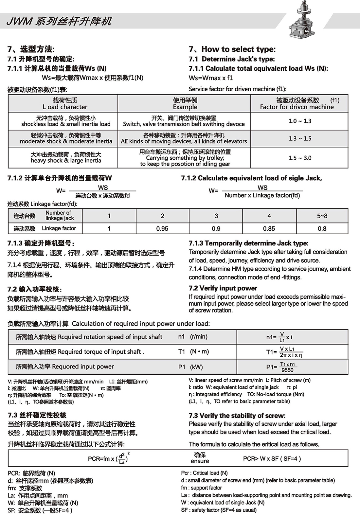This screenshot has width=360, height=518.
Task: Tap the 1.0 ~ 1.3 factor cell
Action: point(300,121)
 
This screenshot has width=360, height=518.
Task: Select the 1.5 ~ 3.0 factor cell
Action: point(300,158)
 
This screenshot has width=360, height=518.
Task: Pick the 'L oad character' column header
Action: point(65,107)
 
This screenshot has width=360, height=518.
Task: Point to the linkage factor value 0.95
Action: point(162,229)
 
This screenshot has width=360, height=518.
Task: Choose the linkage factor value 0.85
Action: point(269,229)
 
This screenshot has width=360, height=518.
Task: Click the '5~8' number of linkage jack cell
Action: point(322,216)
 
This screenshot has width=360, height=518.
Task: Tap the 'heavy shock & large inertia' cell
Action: point(66,161)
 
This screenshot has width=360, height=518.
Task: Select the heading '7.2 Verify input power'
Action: point(223,288)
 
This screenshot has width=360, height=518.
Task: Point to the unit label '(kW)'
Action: point(196,367)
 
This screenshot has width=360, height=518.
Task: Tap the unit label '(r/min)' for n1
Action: point(199,336)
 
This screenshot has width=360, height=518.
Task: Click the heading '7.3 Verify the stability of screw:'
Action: point(237,416)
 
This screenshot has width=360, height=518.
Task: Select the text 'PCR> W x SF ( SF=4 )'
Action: point(272,458)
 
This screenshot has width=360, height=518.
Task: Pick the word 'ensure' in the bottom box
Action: point(200,461)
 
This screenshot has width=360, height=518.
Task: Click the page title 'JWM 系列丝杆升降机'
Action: point(59,21)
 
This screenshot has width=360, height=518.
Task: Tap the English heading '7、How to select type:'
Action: point(232,49)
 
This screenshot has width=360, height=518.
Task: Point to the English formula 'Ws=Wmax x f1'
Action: point(210,78)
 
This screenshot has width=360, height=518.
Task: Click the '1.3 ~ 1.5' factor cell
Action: point(300,138)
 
